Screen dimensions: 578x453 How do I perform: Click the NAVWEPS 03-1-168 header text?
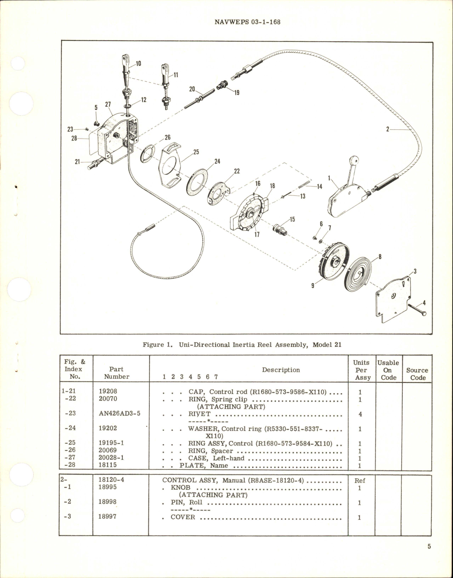coord(247,22)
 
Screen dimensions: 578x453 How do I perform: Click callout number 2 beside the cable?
coord(388,130)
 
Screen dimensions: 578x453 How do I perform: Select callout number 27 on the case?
coord(108,104)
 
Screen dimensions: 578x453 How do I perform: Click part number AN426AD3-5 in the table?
coord(119,413)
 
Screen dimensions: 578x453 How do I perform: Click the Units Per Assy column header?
coord(361,370)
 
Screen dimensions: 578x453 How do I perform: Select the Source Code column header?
coord(417,374)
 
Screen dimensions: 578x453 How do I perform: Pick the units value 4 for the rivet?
coord(360,414)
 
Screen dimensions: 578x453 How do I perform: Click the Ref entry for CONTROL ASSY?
coord(360,481)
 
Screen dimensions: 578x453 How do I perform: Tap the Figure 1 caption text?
coord(242,345)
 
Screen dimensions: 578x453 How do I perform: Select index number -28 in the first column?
coord(72,465)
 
